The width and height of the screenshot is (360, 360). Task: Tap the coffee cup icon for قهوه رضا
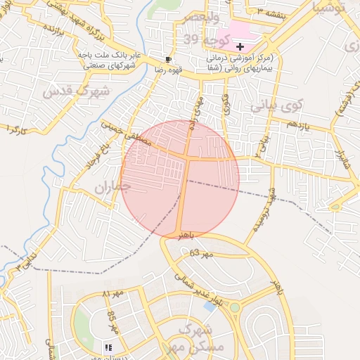point(168,59)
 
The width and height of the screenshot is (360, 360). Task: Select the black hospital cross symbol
point(240,46)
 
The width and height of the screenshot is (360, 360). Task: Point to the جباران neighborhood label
point(112,187)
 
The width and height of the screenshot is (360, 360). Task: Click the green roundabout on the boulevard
point(234,307)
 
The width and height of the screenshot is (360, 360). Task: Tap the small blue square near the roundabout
point(210,307)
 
